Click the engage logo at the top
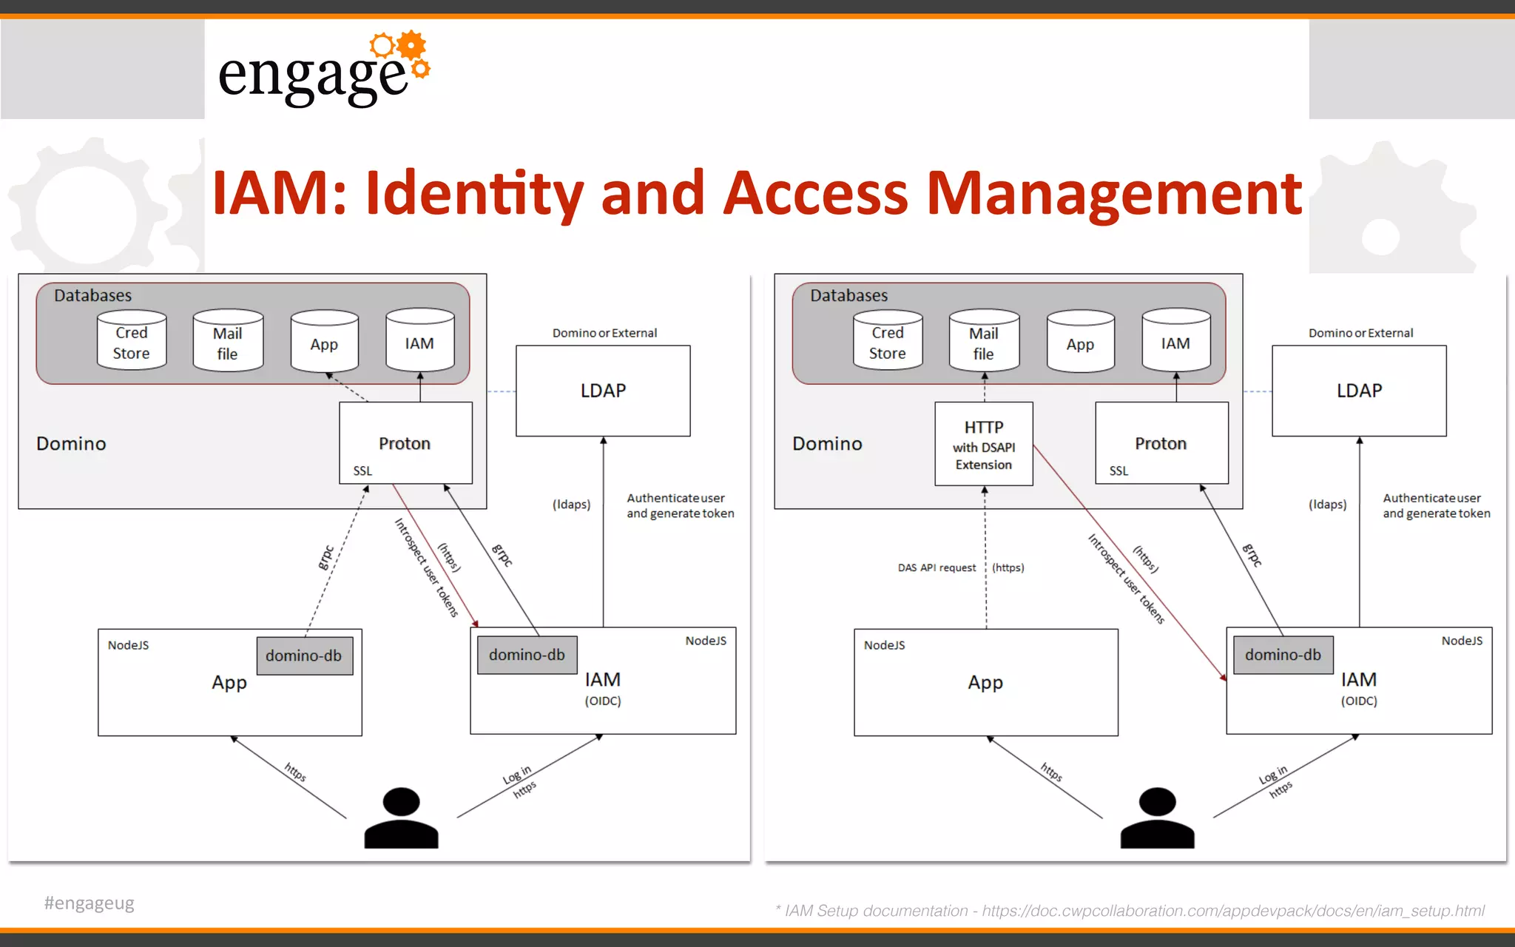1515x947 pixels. coord(323,70)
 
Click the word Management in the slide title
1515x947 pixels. coord(1113,194)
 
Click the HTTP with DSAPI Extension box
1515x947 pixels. coord(983,445)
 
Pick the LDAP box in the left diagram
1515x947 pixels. coord(603,391)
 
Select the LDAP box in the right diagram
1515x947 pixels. coord(1359,391)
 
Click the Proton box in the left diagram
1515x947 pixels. coord(405,443)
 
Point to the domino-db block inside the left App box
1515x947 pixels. coord(304,656)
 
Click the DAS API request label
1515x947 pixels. coord(937,568)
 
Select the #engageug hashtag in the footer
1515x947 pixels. coord(90,903)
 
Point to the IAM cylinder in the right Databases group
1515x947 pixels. coord(1175,343)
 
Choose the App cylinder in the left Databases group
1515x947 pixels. coord(324,343)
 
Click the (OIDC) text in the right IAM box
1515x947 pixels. coord(1359,701)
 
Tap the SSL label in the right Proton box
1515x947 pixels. coord(1118,471)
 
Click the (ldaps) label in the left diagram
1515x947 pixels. coord(571,505)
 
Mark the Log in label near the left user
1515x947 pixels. coord(517,775)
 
